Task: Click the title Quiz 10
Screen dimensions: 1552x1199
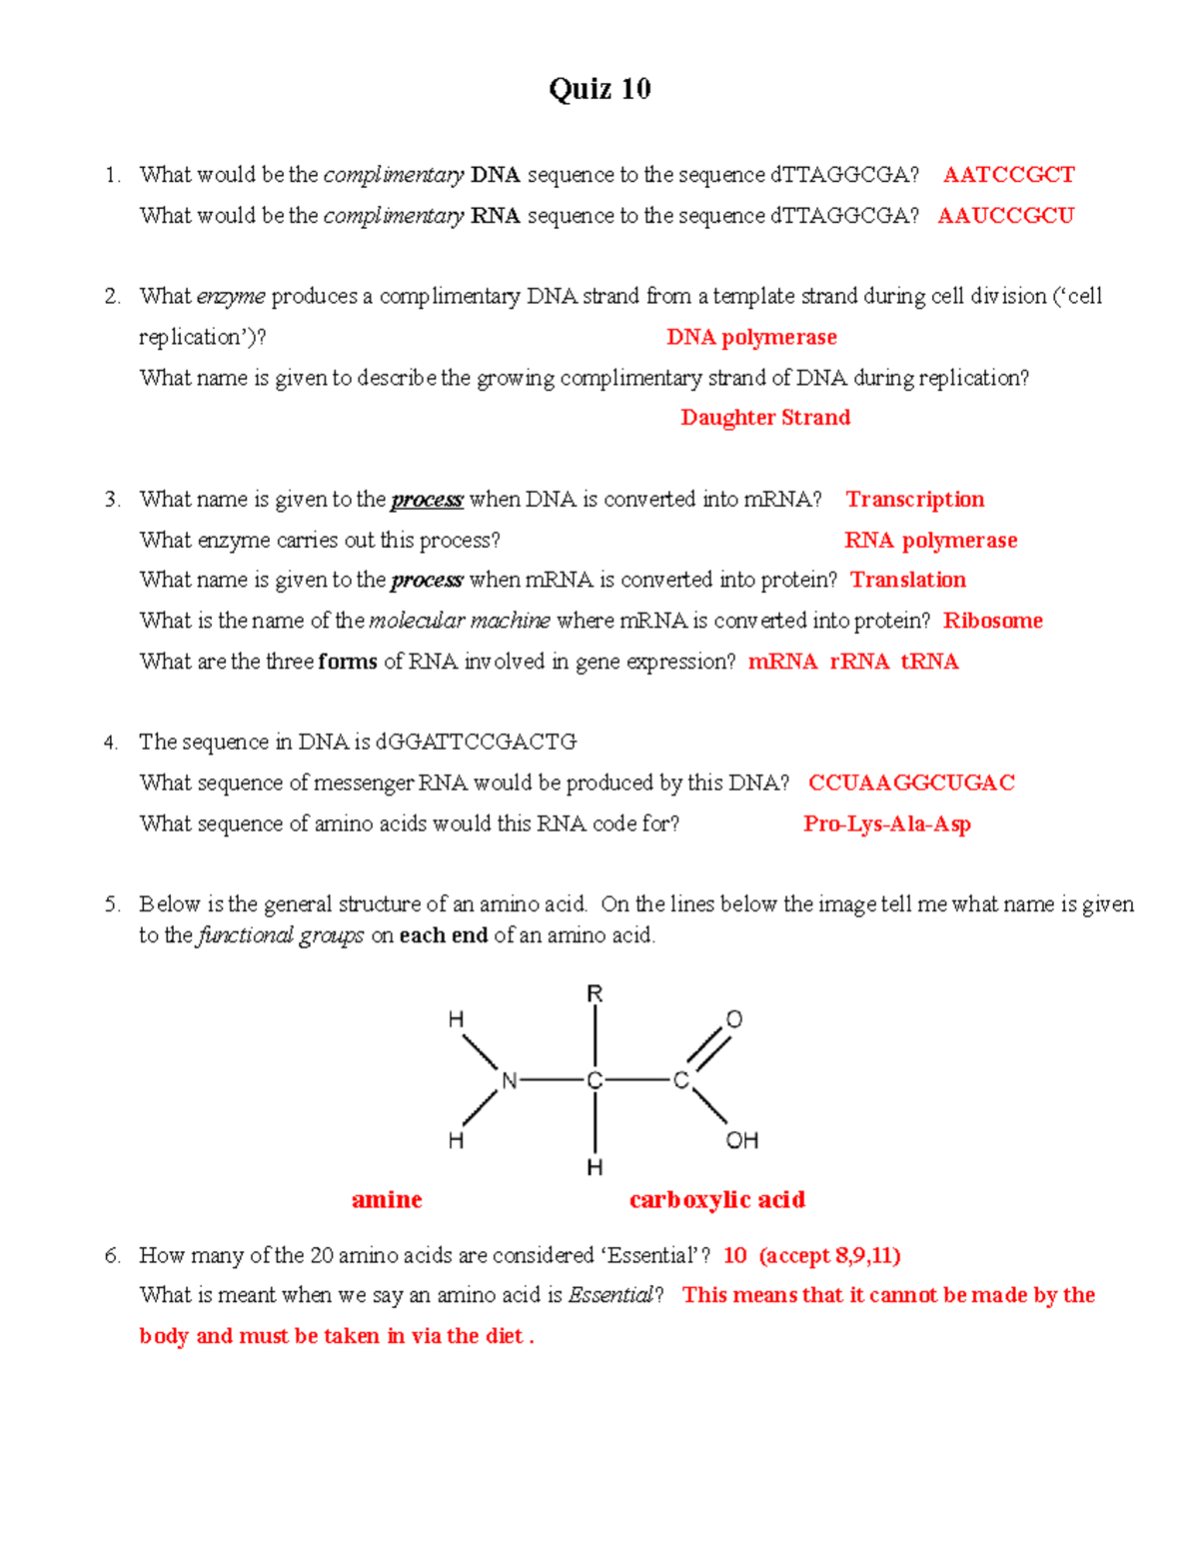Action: click(599, 89)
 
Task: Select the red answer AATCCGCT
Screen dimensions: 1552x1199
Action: click(1008, 175)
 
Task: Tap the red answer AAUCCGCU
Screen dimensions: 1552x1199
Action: click(1005, 216)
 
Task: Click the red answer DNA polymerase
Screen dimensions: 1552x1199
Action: click(751, 338)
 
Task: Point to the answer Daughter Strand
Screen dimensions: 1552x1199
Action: click(765, 418)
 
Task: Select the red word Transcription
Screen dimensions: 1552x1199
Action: click(914, 500)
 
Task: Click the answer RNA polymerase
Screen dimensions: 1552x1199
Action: click(930, 541)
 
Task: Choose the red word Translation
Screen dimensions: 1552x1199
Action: click(907, 581)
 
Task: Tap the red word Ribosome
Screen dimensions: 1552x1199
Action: click(992, 622)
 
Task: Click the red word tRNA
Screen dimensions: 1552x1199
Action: click(929, 662)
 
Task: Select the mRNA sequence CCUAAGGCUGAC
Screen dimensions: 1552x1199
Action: click(911, 783)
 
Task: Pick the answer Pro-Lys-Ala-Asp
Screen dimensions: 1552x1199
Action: click(886, 824)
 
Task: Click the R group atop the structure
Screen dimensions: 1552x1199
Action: click(595, 993)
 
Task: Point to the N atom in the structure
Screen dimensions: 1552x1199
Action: click(509, 1080)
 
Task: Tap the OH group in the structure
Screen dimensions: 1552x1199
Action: click(742, 1140)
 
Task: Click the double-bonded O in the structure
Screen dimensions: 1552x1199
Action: click(734, 1019)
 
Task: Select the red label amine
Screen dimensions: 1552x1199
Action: click(387, 1200)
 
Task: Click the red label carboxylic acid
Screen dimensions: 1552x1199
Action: click(716, 1200)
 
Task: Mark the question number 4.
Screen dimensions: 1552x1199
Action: click(111, 743)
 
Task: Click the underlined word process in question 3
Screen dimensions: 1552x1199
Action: click(427, 500)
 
